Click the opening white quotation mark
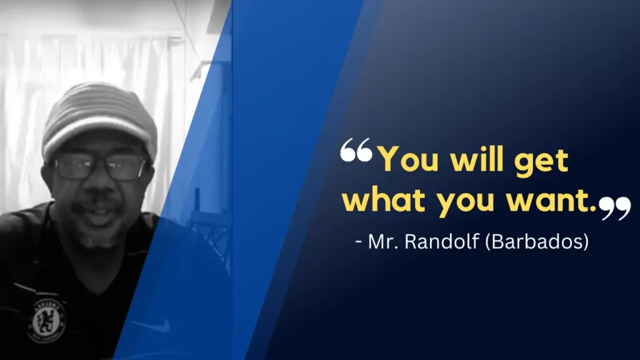(x=356, y=149)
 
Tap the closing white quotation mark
(x=615, y=208)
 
